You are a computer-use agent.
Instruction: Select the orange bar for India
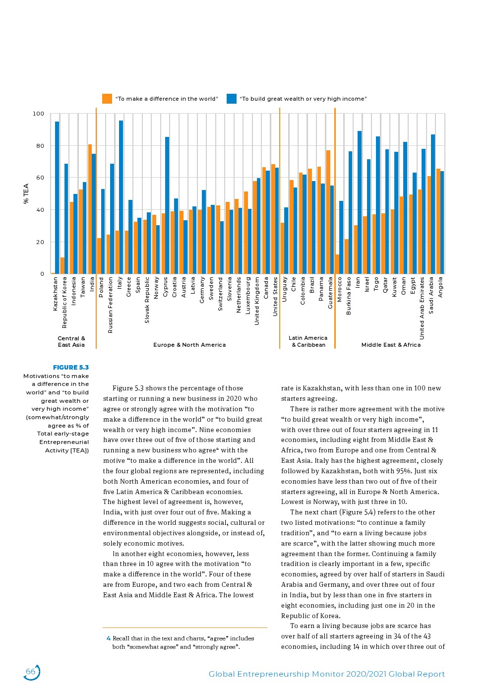90,209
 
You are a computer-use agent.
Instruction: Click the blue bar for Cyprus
167,205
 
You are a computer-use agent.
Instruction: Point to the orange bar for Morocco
337,264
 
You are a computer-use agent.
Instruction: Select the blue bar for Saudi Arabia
433,204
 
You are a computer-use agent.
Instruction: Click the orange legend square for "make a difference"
107,99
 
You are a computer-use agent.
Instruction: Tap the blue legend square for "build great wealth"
232,99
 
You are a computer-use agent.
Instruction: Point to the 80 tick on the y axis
39,146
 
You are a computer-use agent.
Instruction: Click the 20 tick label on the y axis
39,242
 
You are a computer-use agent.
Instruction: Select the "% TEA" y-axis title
26,193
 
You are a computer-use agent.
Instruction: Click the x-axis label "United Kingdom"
257,301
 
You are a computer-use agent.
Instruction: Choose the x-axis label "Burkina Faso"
349,296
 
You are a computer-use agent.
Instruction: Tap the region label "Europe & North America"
189,345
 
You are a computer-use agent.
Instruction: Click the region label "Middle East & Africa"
391,345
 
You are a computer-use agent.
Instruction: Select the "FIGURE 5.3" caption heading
71,368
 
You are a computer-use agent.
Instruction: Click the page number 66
31,672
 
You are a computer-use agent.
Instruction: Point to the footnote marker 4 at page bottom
108,638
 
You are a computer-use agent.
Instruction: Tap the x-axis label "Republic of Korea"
64,303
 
